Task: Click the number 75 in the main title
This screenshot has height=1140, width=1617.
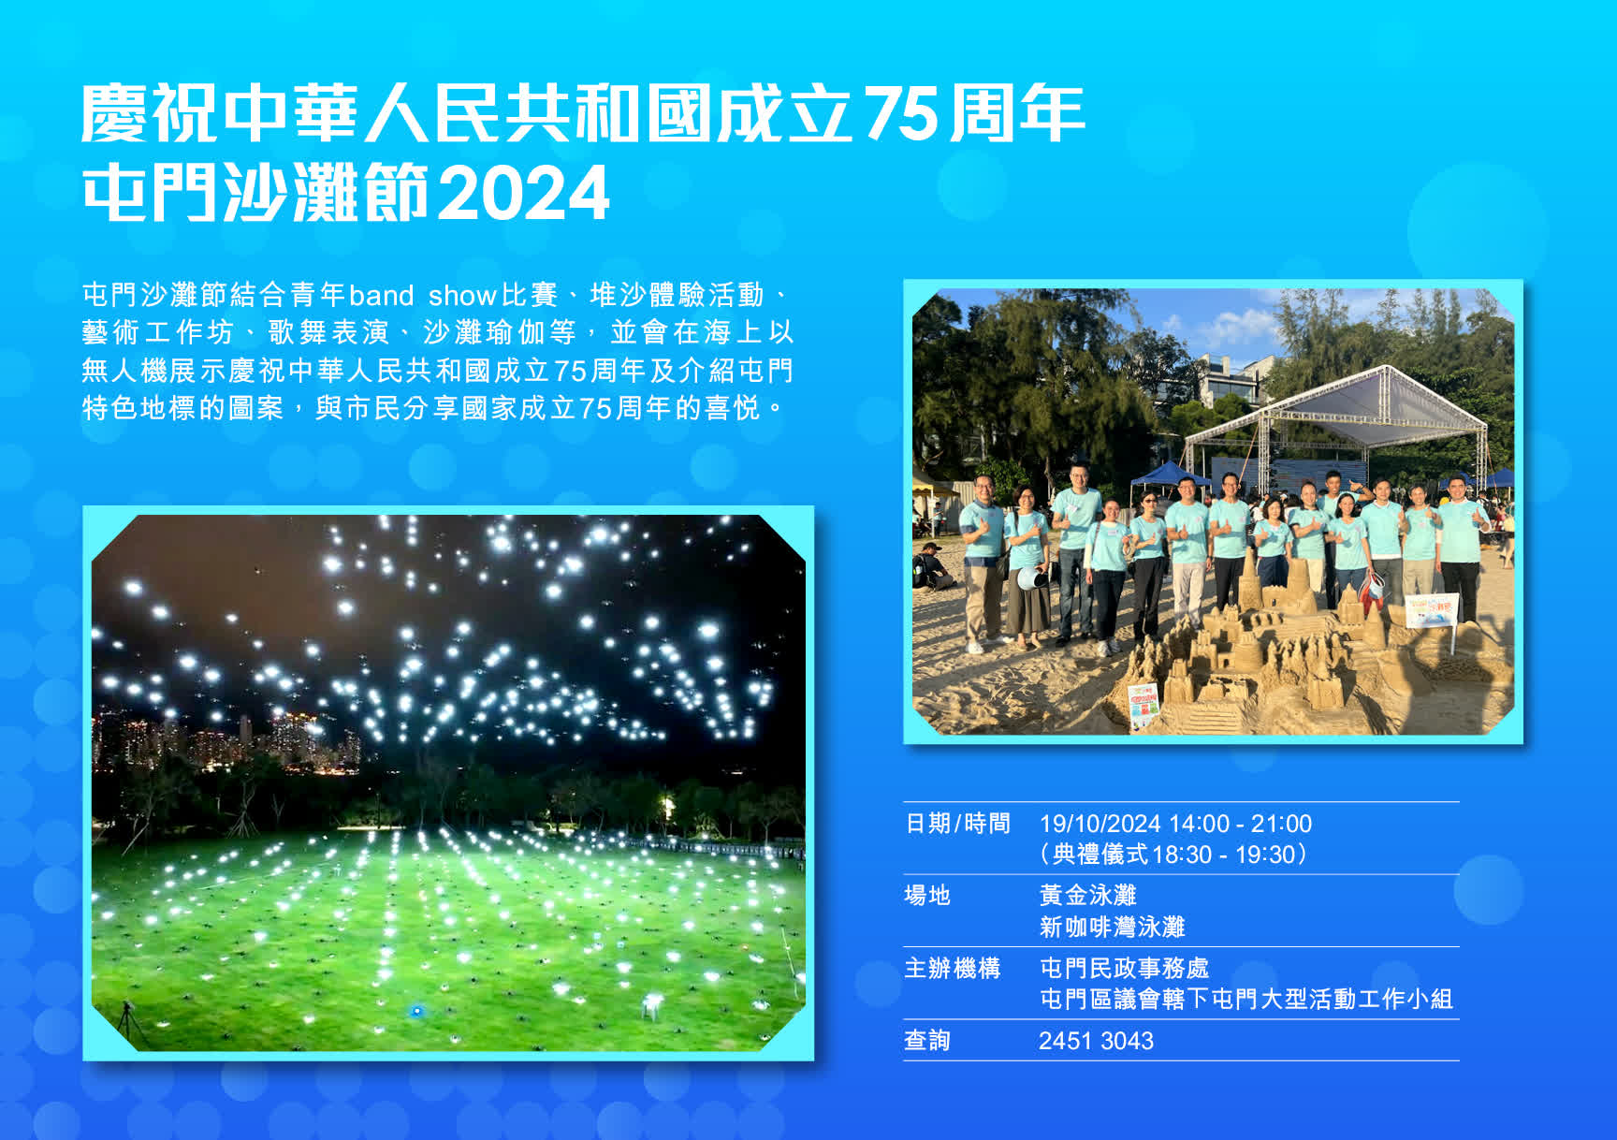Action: coord(899,114)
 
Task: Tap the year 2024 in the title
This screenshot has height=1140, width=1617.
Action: coord(523,194)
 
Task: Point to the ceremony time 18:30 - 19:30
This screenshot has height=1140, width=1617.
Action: coord(1223,855)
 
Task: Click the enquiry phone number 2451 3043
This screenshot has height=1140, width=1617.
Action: coord(1096,1041)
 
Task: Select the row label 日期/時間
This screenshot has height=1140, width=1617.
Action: coord(957,824)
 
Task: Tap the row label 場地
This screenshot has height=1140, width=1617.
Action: coord(926,896)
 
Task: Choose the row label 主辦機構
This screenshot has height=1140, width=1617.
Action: coord(952,968)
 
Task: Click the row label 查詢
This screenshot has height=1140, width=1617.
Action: coord(926,1041)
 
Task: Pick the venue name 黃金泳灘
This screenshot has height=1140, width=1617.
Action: coord(1087,896)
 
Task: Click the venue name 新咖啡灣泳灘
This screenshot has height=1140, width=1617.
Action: coord(1112,927)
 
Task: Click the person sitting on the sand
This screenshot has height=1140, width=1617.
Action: coord(931,566)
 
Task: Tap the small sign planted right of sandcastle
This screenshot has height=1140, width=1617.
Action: coord(1432,613)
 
